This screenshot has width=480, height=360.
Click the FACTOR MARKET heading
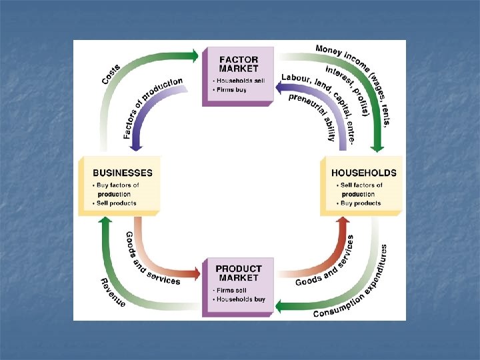pos(238,63)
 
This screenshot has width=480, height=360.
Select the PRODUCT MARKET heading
pos(239,273)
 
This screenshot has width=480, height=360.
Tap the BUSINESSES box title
pos(123,173)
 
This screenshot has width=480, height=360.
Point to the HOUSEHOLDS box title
pos(364,173)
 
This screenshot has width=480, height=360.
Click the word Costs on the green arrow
pos(111,73)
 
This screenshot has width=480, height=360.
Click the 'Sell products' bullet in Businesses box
pos(116,203)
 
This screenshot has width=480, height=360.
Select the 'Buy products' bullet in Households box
pos(360,203)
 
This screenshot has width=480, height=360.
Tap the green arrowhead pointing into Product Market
pos(281,307)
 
